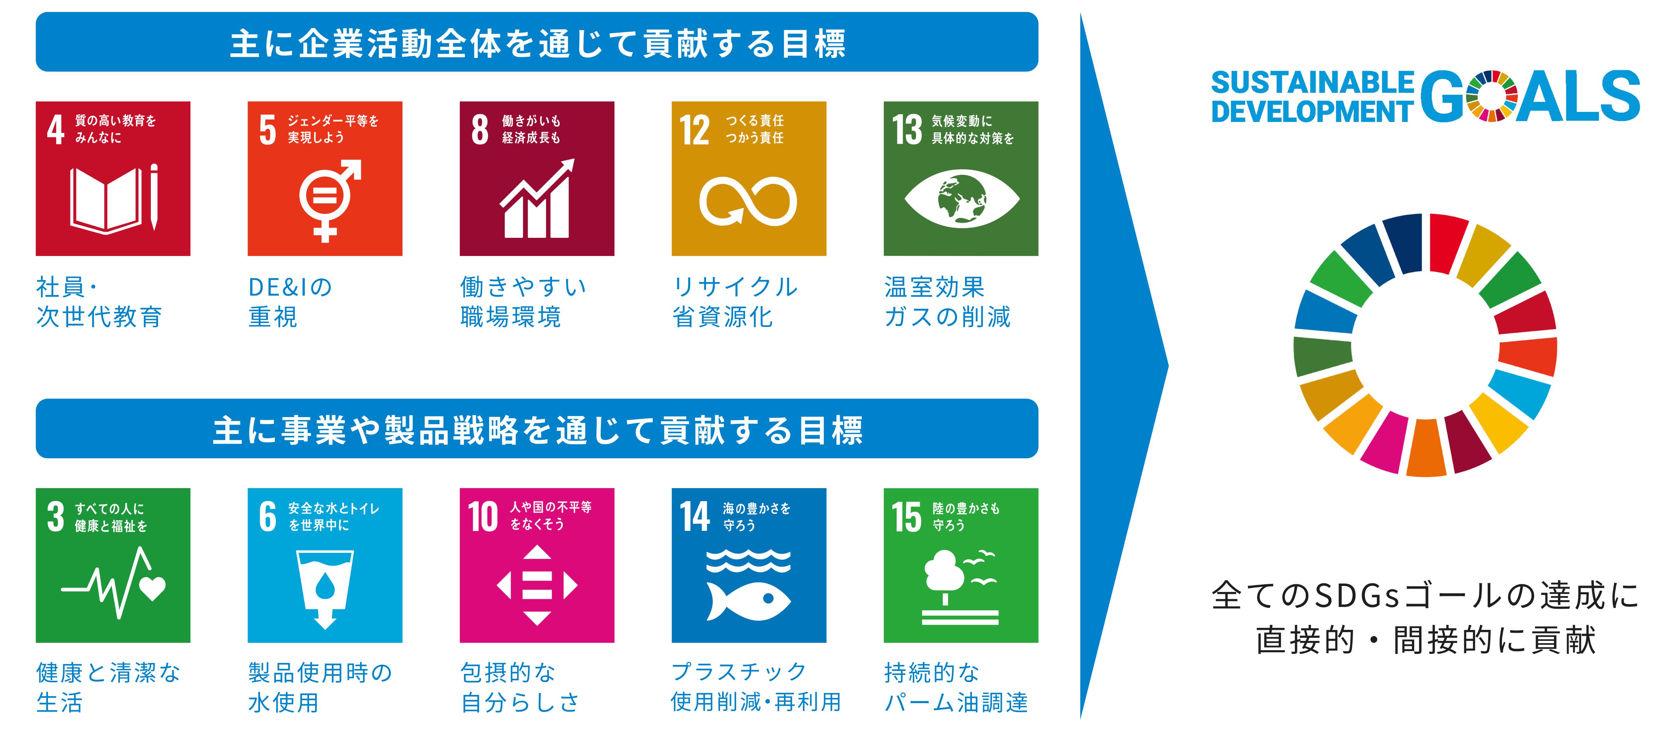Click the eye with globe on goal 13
tap(962, 198)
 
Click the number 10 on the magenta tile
tap(483, 517)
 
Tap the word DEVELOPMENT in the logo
tap(1312, 111)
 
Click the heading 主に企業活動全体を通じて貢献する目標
tap(537, 44)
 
